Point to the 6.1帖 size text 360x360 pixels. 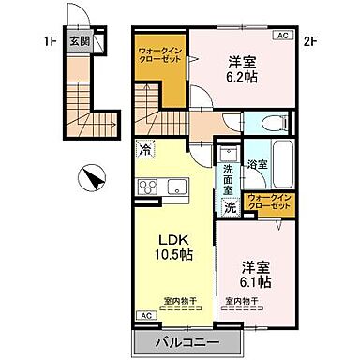pyautogui.click(x=255, y=280)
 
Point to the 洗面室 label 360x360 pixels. pyautogui.click(x=228, y=179)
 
